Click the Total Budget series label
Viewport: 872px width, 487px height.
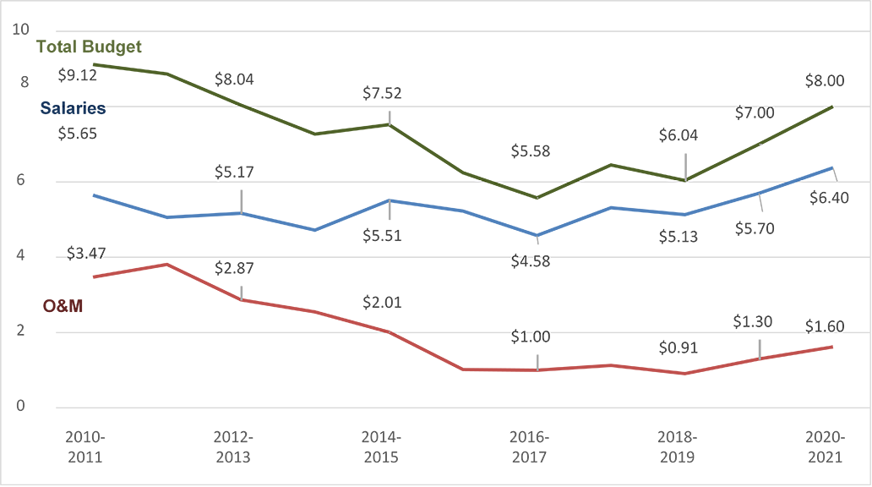pyautogui.click(x=89, y=47)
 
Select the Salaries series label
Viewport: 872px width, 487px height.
pyautogui.click(x=74, y=108)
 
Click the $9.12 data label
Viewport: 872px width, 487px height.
pyautogui.click(x=77, y=74)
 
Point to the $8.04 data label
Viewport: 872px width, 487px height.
pyautogui.click(x=234, y=79)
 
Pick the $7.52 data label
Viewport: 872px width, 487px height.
pyautogui.click(x=382, y=93)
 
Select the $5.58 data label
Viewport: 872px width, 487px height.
pyautogui.click(x=531, y=151)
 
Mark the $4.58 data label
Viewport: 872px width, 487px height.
pyautogui.click(x=531, y=261)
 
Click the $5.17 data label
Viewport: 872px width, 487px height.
pyautogui.click(x=234, y=172)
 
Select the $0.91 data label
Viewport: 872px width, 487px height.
pyautogui.click(x=679, y=348)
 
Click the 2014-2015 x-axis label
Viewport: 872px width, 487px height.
pyautogui.click(x=382, y=447)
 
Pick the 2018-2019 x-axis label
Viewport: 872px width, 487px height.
pyautogui.click(x=678, y=447)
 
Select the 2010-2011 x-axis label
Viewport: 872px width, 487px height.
pyautogui.click(x=85, y=447)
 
